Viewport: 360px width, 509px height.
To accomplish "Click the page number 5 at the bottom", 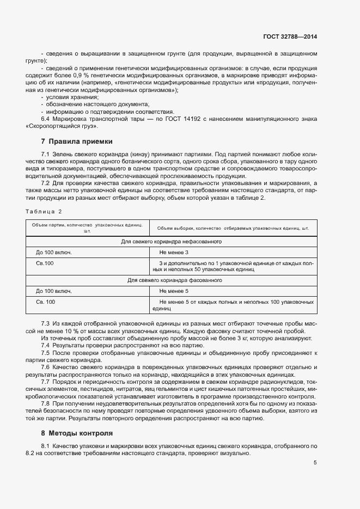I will coord(315,463).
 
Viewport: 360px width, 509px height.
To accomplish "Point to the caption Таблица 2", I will coord(44,211).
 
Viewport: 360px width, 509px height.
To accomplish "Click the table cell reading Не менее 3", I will coord(174,253).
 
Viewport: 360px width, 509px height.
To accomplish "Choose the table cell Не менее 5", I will coord(174,291).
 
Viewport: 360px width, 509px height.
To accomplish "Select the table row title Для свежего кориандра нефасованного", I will coord(170,241).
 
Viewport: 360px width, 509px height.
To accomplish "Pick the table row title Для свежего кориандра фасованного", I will coord(170,280).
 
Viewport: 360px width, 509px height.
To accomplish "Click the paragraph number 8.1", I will coord(45,446).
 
